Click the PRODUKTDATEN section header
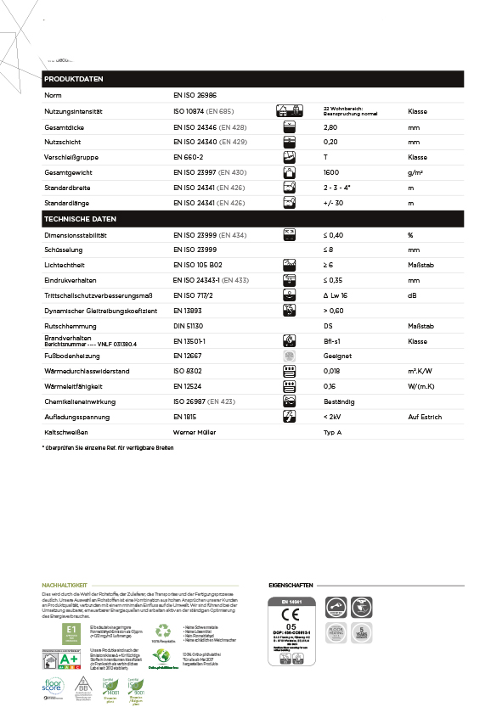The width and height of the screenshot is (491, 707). click(x=73, y=79)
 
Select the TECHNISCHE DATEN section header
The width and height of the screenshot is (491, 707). click(x=80, y=218)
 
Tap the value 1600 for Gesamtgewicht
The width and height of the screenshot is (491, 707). click(x=331, y=172)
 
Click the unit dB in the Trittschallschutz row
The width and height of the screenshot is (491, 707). click(x=412, y=295)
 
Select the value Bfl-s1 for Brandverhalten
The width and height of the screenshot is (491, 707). click(x=332, y=340)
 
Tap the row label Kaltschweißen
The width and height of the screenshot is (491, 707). click(x=70, y=432)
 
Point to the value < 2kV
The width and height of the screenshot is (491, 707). click(x=332, y=417)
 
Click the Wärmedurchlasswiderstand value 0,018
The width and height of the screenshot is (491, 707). click(x=331, y=371)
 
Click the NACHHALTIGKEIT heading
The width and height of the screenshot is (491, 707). click(x=65, y=585)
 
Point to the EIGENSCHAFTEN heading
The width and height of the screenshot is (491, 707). click(x=291, y=586)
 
